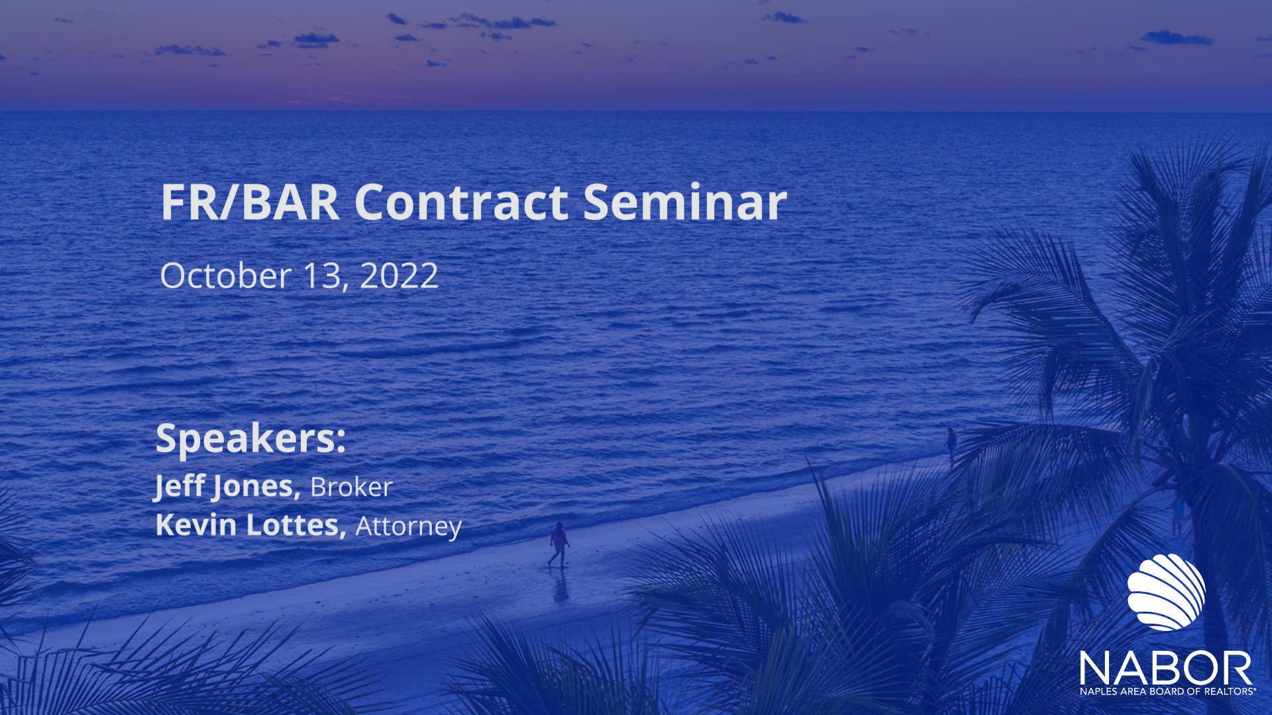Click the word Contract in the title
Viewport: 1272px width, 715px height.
click(x=461, y=202)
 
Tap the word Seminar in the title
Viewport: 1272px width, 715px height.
click(x=685, y=202)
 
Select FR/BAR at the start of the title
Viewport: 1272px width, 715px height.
click(x=250, y=202)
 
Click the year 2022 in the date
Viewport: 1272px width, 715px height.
click(x=399, y=275)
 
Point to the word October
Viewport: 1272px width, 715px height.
click(x=226, y=275)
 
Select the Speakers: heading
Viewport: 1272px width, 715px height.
click(x=251, y=439)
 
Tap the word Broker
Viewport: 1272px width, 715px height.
click(x=351, y=487)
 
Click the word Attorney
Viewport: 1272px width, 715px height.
click(x=408, y=527)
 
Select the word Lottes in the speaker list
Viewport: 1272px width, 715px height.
click(x=296, y=526)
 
